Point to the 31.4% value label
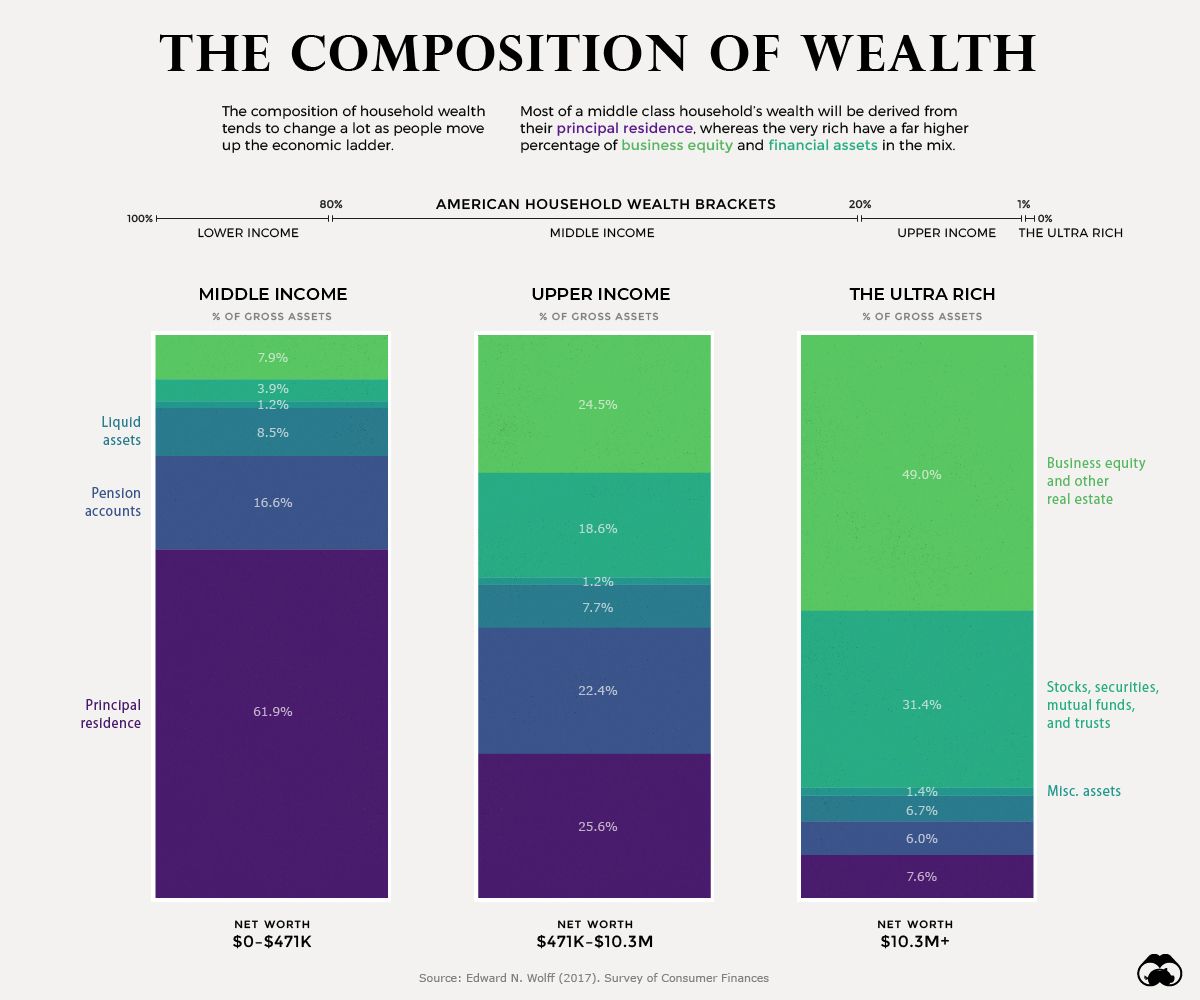click(x=922, y=705)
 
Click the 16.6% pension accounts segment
click(x=271, y=502)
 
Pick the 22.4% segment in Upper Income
click(x=594, y=690)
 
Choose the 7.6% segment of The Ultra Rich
click(x=917, y=876)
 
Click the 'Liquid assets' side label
click(x=121, y=431)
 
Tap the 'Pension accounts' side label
click(x=116, y=502)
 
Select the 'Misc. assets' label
click(x=1083, y=791)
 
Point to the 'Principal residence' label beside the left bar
click(x=111, y=714)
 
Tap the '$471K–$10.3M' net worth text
click(x=594, y=942)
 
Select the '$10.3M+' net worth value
click(x=915, y=942)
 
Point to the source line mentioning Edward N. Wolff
click(x=594, y=978)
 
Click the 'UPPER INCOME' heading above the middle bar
click(x=600, y=294)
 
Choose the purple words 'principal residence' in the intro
click(x=624, y=129)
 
